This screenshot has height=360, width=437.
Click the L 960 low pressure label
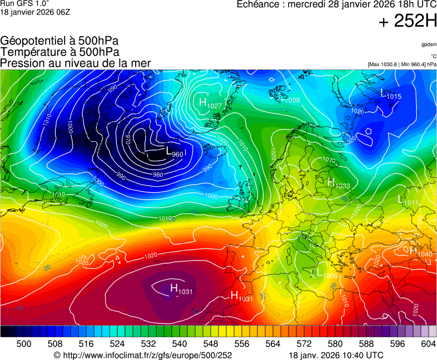click(174, 151)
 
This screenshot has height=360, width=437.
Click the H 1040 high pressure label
click(420, 252)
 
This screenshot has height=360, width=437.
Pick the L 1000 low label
click(327, 273)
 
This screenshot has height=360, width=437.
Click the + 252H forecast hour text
click(407, 22)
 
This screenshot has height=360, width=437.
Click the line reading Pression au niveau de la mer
click(76, 63)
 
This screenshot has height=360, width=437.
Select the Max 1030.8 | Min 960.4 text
click(401, 64)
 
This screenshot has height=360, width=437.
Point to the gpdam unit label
click(428, 44)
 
